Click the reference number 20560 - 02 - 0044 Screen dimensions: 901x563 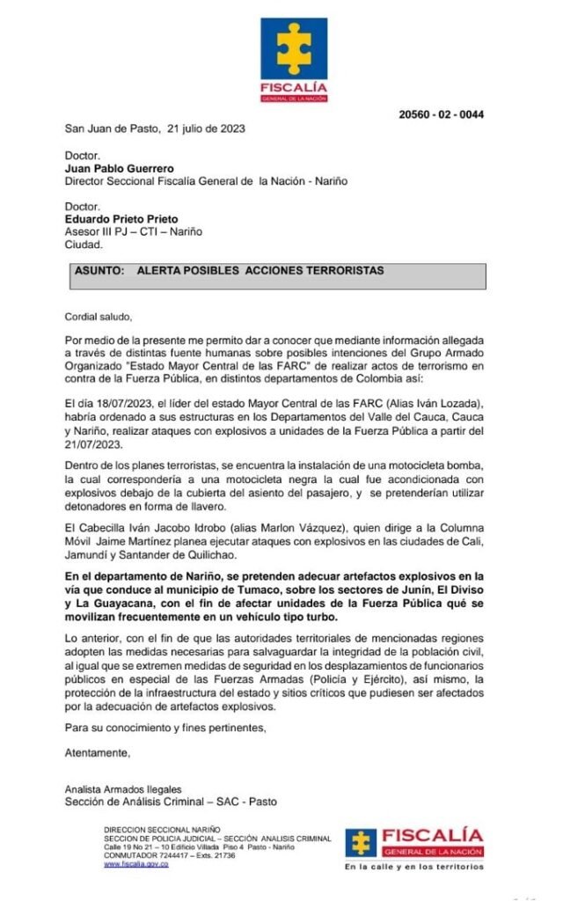tap(441, 114)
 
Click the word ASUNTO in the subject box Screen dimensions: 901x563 tap(101, 272)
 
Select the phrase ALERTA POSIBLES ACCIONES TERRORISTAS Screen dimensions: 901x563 tap(260, 272)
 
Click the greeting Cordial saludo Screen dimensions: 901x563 tap(98, 317)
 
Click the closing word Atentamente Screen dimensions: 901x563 tap(98, 753)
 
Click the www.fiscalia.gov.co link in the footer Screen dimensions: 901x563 tap(135, 864)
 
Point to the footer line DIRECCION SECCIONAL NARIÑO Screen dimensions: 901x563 tap(162, 830)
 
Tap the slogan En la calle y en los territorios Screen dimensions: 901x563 tap(413, 867)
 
